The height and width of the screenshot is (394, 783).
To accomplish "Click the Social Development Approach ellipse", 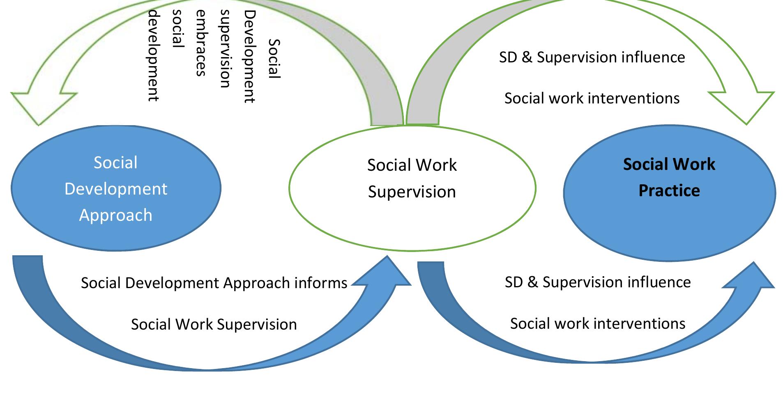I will pyautogui.click(x=115, y=188).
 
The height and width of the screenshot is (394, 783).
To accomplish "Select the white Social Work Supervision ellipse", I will pyautogui.click(x=412, y=188).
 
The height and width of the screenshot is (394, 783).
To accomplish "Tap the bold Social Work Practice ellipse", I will pyautogui.click(x=669, y=193).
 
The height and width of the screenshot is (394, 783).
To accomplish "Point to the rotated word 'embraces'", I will pyautogui.click(x=200, y=43).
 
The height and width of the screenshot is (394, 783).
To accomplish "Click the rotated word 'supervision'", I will pyautogui.click(x=225, y=49).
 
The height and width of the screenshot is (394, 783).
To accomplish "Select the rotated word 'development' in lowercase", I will pyautogui.click(x=153, y=56).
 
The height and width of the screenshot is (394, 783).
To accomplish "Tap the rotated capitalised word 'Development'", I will pyautogui.click(x=249, y=57).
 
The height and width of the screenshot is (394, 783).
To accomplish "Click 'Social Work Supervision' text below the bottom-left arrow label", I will pyautogui.click(x=214, y=325).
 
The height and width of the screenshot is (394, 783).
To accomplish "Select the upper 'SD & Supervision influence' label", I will pyautogui.click(x=592, y=57).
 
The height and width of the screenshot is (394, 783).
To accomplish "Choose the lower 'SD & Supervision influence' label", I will pyautogui.click(x=598, y=282).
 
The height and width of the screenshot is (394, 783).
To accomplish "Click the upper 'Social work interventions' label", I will pyautogui.click(x=592, y=98).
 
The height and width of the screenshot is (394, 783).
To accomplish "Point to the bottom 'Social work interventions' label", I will pyautogui.click(x=598, y=324).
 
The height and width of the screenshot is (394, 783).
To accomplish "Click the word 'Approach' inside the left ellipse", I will pyautogui.click(x=115, y=215).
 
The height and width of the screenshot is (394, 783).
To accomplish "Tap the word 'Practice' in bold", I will pyautogui.click(x=669, y=191).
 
